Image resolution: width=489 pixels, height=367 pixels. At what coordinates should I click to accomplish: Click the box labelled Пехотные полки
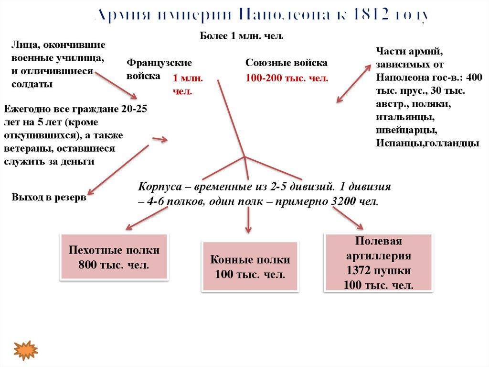114,257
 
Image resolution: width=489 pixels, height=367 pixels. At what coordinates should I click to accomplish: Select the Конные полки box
250,267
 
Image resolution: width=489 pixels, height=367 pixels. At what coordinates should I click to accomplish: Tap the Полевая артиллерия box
379,262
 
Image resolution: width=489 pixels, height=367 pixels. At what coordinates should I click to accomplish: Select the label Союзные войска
287,63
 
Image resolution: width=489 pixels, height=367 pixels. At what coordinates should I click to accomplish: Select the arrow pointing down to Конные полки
247,220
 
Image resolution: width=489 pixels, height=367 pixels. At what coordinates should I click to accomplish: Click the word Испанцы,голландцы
427,143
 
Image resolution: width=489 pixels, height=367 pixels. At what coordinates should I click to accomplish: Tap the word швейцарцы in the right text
405,130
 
